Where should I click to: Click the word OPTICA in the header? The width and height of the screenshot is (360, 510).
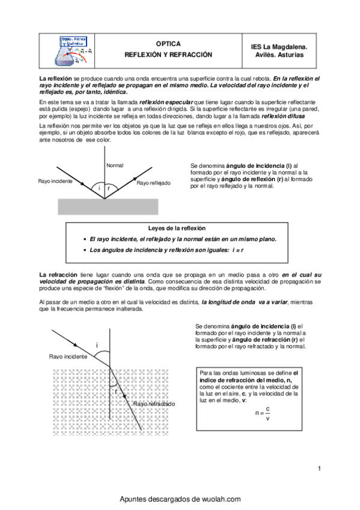[168, 44]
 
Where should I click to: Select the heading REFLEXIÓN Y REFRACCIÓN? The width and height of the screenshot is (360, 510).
[168, 55]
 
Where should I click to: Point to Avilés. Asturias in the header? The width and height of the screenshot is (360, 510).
[279, 55]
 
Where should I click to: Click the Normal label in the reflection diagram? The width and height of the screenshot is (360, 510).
[114, 165]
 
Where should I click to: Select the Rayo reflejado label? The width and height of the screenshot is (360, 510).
[153, 183]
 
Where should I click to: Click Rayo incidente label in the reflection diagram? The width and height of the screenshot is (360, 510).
[55, 181]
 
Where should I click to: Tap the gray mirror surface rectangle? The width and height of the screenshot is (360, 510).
[108, 206]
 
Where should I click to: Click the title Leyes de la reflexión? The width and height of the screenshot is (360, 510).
[177, 228]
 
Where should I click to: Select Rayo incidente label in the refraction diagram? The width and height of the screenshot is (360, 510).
[68, 357]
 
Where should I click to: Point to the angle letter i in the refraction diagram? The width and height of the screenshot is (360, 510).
[96, 345]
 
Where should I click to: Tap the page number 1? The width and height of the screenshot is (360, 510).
[319, 469]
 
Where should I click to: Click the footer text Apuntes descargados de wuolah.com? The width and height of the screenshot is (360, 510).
[180, 499]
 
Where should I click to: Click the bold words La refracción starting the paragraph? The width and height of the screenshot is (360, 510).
[58, 274]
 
